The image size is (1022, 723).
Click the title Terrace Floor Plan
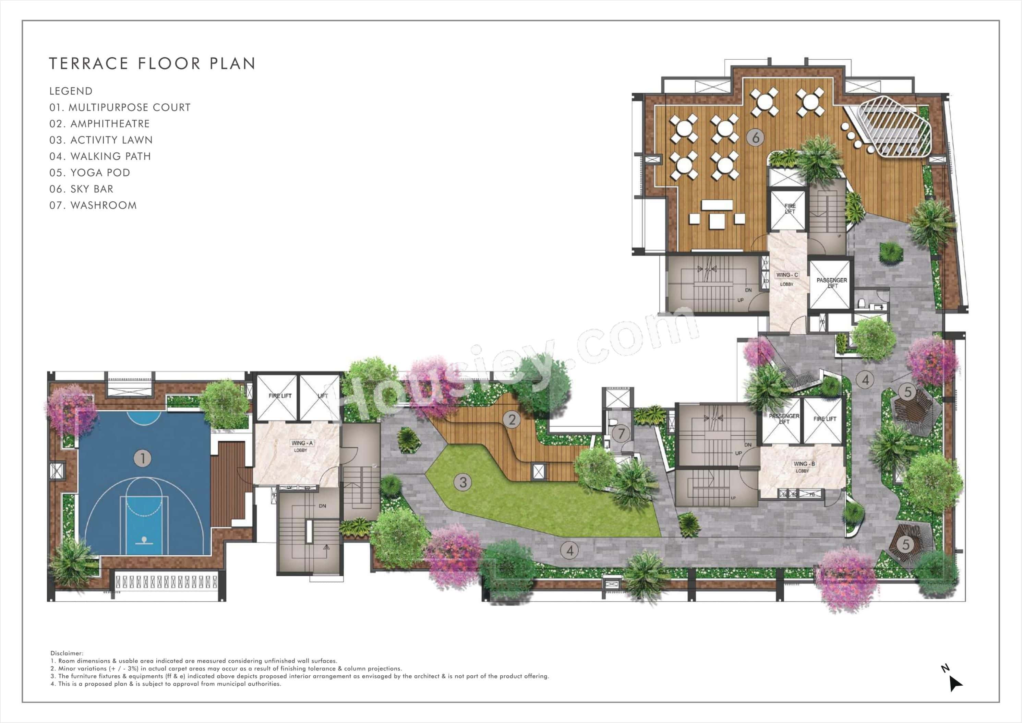[152, 64]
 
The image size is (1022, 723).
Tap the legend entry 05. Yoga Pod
[89, 173]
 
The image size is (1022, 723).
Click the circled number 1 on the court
[143, 458]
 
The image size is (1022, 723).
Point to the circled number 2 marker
[512, 419]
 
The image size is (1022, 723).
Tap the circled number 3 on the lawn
[463, 482]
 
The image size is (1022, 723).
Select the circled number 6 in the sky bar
[755, 137]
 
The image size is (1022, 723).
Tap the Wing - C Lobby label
[787, 279]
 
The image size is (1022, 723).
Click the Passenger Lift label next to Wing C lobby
[831, 283]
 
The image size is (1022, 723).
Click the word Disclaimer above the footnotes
[67, 653]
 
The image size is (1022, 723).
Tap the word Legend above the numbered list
[71, 91]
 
